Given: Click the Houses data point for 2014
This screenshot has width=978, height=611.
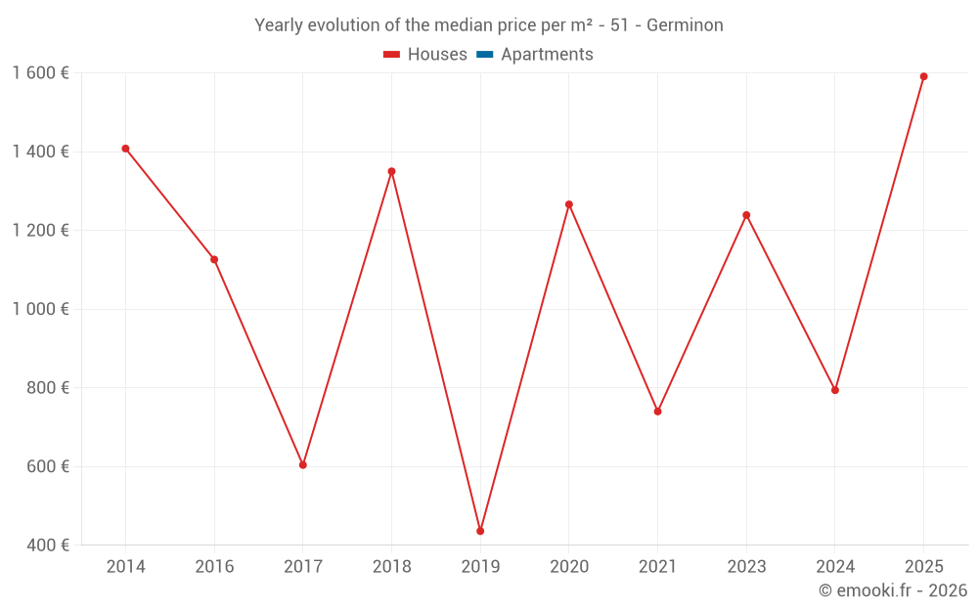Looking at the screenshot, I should click(x=125, y=149).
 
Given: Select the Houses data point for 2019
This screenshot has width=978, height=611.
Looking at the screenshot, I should click(x=480, y=531).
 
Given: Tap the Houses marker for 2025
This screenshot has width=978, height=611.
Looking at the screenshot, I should click(x=923, y=76).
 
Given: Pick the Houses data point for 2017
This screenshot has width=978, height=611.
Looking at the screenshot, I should click(x=303, y=464).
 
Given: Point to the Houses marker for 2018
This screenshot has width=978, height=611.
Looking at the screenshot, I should click(x=391, y=171).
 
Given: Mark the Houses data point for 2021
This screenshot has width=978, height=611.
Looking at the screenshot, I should click(x=657, y=412).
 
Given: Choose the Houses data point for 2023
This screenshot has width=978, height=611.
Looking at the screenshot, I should click(x=746, y=215).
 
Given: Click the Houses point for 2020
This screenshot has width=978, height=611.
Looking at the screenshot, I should click(x=569, y=204).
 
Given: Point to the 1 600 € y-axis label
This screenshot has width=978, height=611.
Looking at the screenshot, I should click(x=40, y=73).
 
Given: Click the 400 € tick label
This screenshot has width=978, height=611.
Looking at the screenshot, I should click(x=48, y=546).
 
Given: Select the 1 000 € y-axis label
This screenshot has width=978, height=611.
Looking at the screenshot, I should click(x=40, y=309).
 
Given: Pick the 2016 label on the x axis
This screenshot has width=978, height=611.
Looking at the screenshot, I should click(x=214, y=567).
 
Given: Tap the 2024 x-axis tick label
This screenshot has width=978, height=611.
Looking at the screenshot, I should click(x=834, y=567).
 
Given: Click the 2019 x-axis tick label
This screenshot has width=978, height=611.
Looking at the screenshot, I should click(x=480, y=567).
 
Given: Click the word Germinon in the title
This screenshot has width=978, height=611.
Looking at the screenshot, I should click(x=685, y=25).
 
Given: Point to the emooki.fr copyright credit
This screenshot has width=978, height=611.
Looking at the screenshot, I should click(x=892, y=590).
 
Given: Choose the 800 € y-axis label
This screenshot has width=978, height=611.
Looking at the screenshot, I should click(x=48, y=388).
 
